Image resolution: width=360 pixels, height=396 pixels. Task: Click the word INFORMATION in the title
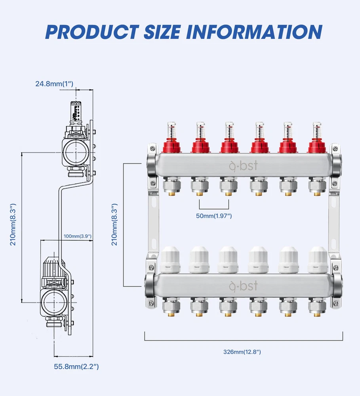click(253, 32)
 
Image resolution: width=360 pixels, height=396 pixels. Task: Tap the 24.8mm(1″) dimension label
click(54, 84)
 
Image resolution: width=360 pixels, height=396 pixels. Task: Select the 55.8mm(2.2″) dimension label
click(76, 367)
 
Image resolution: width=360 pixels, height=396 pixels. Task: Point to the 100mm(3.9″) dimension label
click(78, 236)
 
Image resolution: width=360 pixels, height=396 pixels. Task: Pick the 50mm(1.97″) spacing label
click(214, 216)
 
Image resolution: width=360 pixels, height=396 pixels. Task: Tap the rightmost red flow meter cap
click(316, 146)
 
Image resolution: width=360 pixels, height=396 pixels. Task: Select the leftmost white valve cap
click(171, 259)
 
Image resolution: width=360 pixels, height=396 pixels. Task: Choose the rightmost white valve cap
click(318, 259)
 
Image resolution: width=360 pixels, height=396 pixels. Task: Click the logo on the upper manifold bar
click(243, 165)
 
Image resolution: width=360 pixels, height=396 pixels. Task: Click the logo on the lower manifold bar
click(243, 286)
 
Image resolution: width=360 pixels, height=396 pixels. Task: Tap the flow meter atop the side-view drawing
click(77, 111)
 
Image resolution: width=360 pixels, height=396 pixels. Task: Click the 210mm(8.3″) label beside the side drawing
click(13, 225)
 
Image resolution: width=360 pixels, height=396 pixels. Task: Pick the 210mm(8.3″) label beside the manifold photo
click(114, 225)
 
